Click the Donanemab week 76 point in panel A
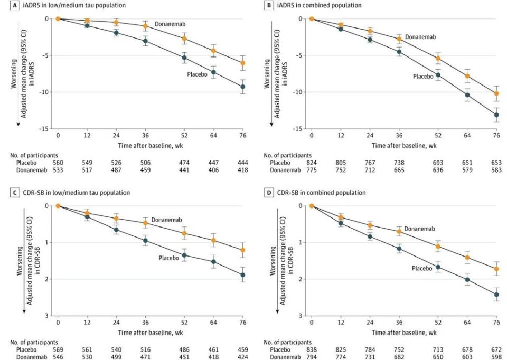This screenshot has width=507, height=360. coord(242,63)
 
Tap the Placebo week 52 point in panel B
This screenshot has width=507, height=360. coord(438,74)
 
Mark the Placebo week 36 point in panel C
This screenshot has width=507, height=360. coord(145,241)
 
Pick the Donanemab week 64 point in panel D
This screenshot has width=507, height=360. coord(467,258)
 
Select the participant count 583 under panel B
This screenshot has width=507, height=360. coord(496,170)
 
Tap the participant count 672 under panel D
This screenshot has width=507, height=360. coord(496,349)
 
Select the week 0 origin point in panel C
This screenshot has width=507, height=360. coord(58,206)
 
